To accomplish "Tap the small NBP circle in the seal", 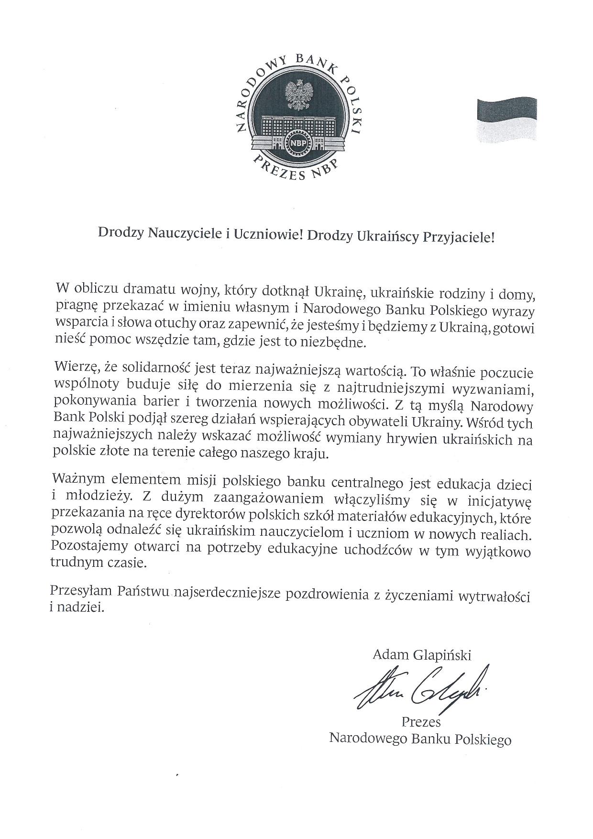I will coord(297,142).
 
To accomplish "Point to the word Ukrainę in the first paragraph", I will coord(340,291).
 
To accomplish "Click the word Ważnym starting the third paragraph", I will coord(78,478).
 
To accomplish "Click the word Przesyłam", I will coord(80,593).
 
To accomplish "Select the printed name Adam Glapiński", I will coord(421,655).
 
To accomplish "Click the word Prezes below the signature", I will coord(421,721).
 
